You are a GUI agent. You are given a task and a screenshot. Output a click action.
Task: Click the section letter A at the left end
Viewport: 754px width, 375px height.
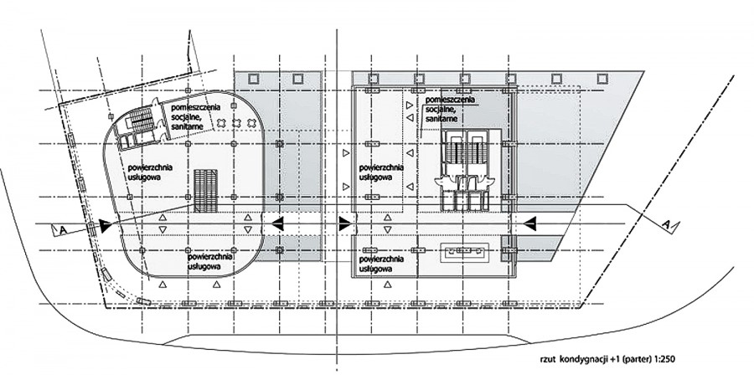(63, 230)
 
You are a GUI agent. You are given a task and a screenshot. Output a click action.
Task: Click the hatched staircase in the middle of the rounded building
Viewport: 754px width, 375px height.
(206, 191)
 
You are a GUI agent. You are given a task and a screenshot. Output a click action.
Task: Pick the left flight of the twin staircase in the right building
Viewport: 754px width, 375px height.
(454, 152)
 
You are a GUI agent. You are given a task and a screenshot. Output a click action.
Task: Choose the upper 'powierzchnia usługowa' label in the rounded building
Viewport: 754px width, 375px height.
(150, 172)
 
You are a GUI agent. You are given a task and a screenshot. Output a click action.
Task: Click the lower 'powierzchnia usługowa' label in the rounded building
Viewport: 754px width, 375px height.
(211, 260)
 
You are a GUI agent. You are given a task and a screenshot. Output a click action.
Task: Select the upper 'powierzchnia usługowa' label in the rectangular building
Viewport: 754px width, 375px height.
(381, 172)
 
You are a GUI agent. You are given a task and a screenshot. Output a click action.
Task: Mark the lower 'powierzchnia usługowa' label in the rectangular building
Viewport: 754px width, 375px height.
(381, 264)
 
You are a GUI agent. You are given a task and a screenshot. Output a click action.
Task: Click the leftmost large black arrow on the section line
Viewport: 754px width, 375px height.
(105, 224)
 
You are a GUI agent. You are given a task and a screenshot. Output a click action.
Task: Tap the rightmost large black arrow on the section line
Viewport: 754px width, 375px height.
(529, 223)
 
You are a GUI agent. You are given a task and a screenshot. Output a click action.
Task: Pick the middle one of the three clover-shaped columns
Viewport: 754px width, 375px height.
(235, 122)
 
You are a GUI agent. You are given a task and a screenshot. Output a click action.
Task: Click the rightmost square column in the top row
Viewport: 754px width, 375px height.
(602, 79)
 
